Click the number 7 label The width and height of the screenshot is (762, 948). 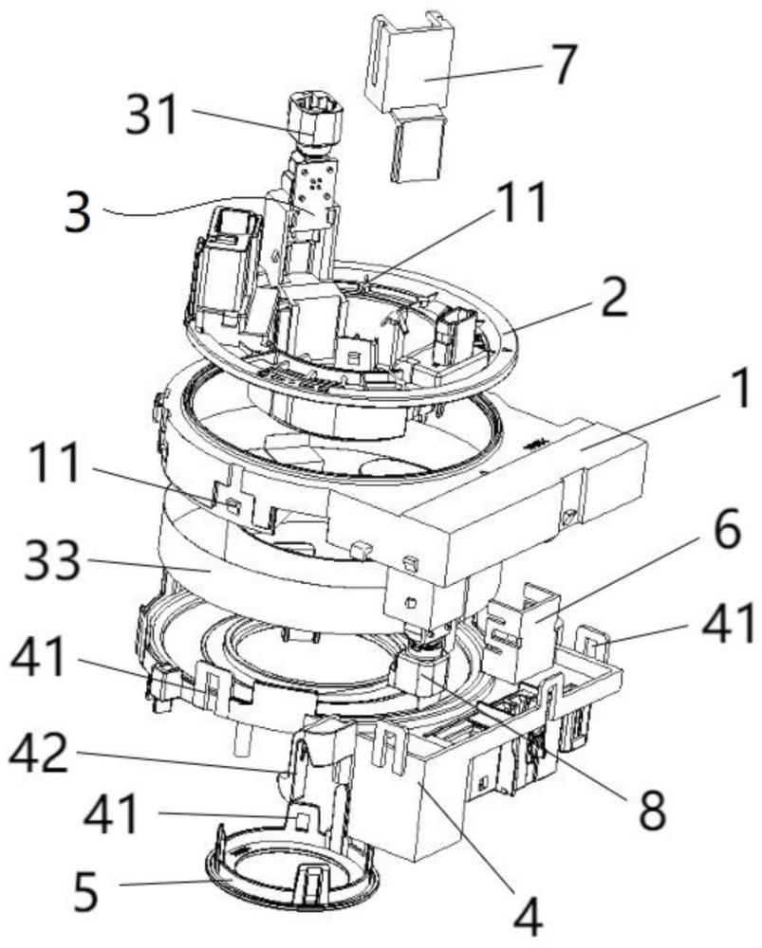click(563, 64)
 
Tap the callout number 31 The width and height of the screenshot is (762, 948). click(152, 113)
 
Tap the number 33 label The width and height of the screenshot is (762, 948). click(52, 560)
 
